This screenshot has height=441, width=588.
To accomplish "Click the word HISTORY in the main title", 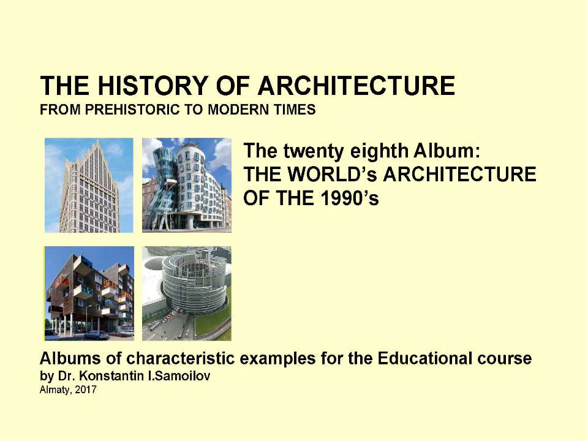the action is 153,86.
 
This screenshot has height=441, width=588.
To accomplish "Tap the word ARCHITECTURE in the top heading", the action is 356,86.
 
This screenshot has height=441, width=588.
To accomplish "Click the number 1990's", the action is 350,198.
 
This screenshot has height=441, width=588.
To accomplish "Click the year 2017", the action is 86,390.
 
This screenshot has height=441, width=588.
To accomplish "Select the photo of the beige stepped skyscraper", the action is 89,185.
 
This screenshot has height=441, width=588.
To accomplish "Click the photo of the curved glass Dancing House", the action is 187,185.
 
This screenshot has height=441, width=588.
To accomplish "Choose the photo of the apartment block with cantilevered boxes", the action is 89,293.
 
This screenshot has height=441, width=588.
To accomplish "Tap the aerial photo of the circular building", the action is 187,293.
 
